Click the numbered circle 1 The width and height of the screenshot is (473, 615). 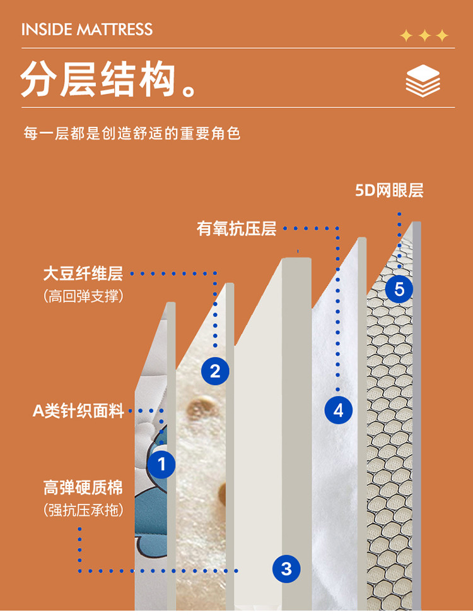(161, 464)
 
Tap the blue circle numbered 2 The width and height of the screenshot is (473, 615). (215, 371)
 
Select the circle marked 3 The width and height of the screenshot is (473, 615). (286, 568)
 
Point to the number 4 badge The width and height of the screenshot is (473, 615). (339, 410)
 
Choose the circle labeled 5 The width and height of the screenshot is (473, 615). (399, 289)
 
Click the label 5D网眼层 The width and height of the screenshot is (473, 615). (389, 191)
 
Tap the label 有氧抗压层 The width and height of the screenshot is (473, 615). (237, 229)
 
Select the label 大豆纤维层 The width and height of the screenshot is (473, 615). (83, 273)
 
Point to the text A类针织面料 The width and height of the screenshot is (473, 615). (78, 410)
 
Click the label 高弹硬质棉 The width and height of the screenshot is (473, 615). (83, 487)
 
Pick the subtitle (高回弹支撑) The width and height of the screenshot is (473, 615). (83, 296)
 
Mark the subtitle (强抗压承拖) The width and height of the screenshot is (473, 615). (83, 510)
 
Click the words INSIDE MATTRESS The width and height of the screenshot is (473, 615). (87, 30)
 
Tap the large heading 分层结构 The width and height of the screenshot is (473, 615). (98, 78)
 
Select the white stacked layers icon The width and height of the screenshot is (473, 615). (423, 81)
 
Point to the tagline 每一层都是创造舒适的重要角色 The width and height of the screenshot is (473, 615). (132, 133)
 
